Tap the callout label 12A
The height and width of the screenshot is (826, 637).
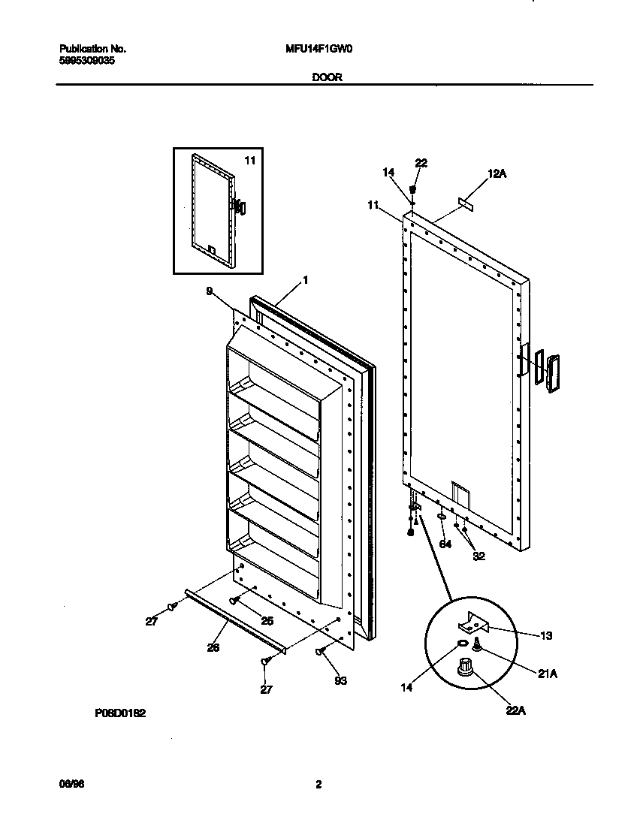click(x=498, y=173)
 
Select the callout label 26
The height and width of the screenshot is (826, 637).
click(x=213, y=647)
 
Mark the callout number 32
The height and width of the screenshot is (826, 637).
click(x=479, y=556)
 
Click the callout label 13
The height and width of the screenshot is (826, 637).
click(x=545, y=635)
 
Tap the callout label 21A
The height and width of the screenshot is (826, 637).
click(x=547, y=674)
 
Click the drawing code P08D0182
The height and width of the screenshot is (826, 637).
click(x=120, y=716)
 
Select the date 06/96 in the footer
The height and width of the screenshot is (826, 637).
click(x=68, y=784)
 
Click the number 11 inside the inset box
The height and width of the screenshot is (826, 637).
click(x=249, y=160)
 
